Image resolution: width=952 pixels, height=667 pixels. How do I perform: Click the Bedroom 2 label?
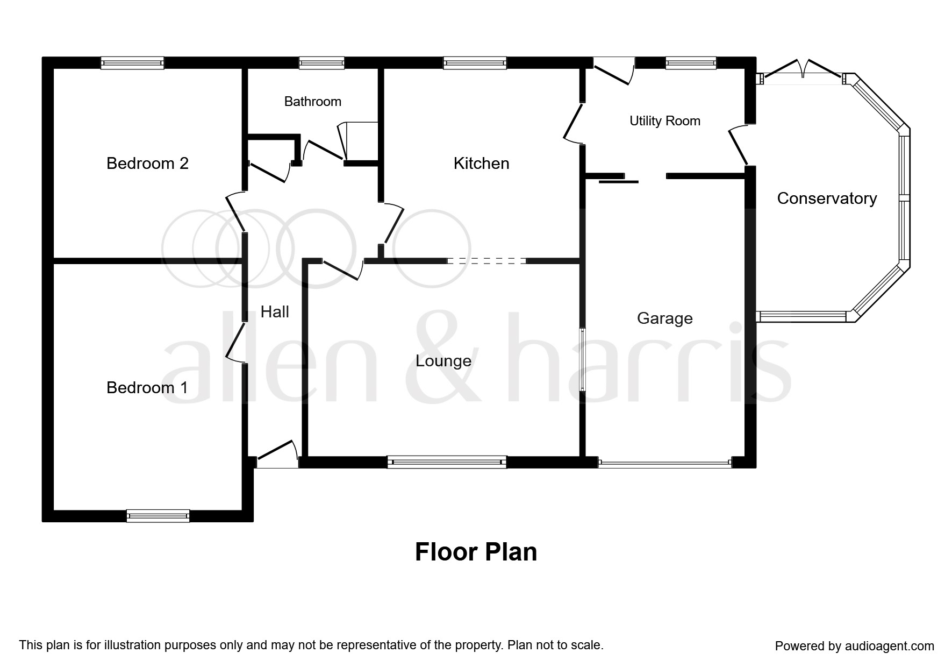[x=147, y=163]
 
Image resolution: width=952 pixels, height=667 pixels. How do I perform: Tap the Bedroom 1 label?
[x=147, y=387]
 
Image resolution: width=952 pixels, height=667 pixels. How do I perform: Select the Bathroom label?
[x=312, y=102]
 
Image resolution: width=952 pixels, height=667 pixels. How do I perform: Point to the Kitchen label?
[x=481, y=163]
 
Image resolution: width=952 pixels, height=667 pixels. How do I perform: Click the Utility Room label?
[x=664, y=121]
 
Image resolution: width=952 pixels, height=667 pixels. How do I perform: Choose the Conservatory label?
[x=826, y=198]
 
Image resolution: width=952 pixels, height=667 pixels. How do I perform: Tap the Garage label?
[x=664, y=318]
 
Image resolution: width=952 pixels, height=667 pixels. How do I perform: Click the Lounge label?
[x=443, y=360]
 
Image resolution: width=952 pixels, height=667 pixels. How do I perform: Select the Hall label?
[x=274, y=311]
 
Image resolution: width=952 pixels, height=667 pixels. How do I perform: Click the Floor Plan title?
[x=476, y=552]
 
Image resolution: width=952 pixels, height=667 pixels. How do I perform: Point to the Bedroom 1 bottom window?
[x=158, y=515]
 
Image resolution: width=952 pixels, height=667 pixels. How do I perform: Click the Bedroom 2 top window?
[x=132, y=63]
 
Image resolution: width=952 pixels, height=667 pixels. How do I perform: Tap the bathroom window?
[x=321, y=63]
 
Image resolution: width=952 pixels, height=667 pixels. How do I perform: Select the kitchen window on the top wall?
[x=475, y=63]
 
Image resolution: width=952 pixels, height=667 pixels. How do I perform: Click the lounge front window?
[x=447, y=462]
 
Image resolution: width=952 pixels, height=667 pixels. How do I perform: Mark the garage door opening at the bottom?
[x=665, y=462]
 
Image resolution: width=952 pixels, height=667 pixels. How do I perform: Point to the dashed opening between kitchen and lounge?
[x=486, y=261]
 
